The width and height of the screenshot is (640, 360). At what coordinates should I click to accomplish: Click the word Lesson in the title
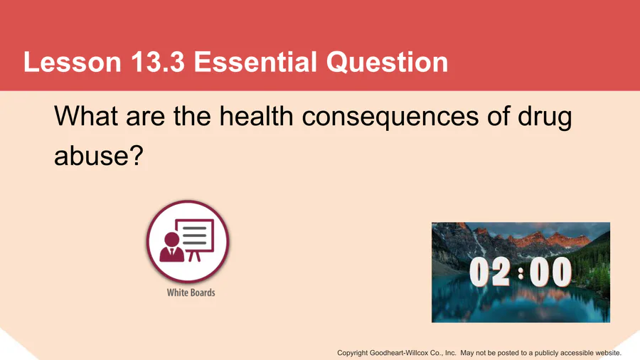click(73, 62)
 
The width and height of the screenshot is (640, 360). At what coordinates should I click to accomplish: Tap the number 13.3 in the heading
click(158, 62)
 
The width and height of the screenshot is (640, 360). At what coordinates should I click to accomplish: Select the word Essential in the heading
click(255, 62)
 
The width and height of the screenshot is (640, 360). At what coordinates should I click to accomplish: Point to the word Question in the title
click(387, 63)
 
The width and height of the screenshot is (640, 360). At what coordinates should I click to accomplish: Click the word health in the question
click(256, 116)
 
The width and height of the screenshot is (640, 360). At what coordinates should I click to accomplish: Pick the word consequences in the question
click(390, 117)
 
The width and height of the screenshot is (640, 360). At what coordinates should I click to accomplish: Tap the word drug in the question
click(545, 117)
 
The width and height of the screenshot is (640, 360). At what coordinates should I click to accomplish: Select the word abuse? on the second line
click(99, 155)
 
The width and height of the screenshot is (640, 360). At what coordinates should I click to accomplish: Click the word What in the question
click(86, 116)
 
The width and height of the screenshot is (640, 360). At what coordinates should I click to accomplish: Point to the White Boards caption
click(191, 292)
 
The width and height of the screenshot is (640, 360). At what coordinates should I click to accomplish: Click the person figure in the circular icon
click(171, 247)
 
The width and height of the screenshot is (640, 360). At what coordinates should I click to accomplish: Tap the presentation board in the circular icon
click(195, 240)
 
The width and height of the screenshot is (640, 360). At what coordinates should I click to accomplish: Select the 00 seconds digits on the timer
click(550, 272)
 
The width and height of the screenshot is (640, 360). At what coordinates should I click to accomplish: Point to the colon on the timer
click(521, 272)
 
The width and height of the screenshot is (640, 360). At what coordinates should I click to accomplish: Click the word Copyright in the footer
click(352, 353)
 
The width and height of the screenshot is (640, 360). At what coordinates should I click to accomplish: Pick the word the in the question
click(192, 116)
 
